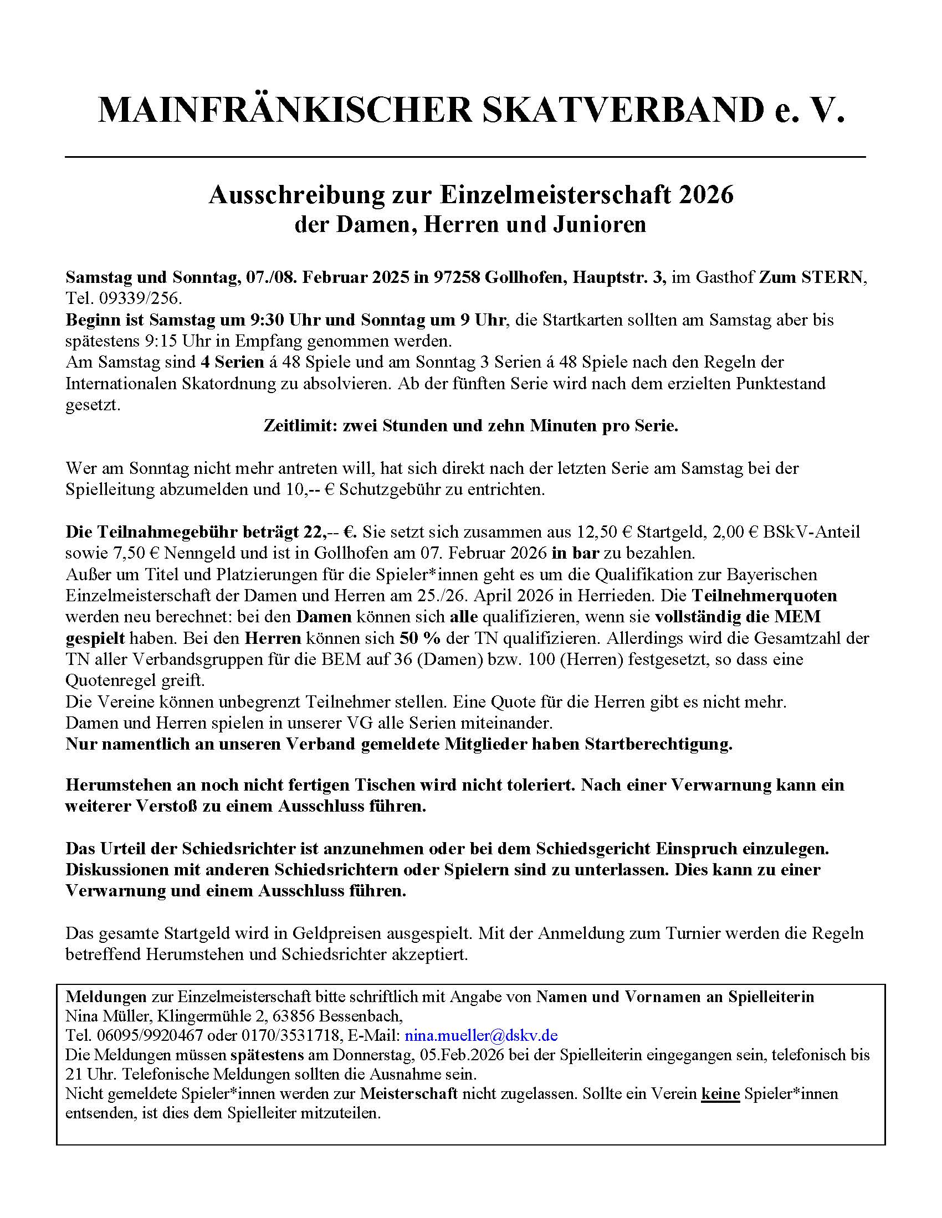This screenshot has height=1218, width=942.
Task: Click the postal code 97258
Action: (x=457, y=277)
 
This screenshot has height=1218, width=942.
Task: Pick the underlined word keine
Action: (x=720, y=1093)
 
